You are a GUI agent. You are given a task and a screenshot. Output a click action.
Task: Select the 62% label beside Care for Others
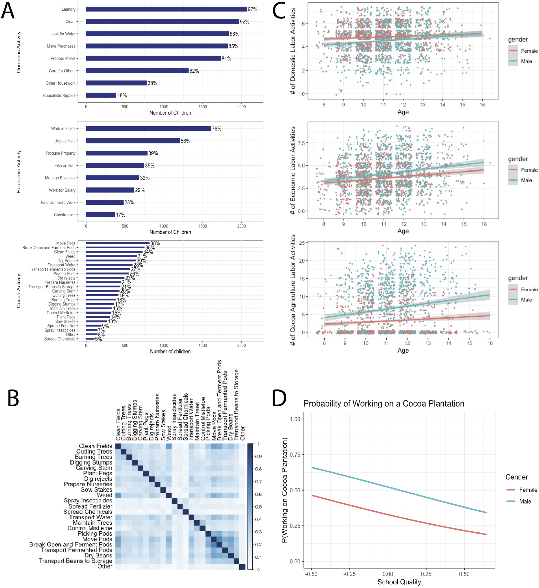(194, 71)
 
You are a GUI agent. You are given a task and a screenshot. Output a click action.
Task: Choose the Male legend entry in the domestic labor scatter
(526, 61)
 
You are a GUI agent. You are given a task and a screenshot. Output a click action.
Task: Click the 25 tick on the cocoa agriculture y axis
(302, 243)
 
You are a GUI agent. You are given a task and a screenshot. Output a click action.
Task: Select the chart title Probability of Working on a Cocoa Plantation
(384, 404)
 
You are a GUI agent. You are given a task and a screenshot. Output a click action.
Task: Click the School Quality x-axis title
(399, 582)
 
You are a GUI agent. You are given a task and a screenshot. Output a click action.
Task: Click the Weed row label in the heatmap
(104, 495)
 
